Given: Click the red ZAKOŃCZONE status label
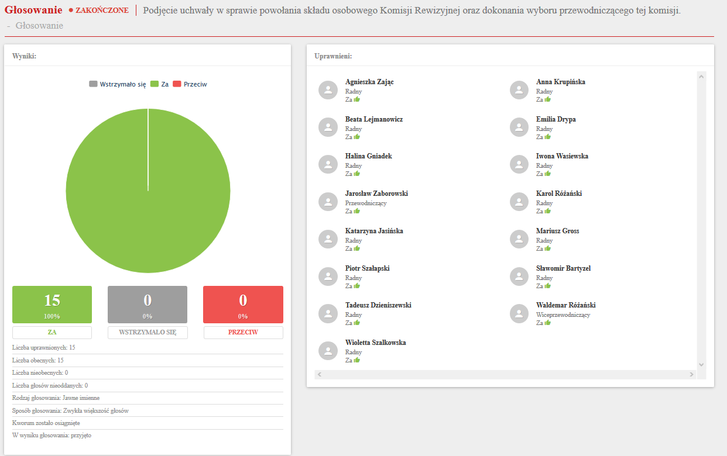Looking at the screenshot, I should [x=102, y=11].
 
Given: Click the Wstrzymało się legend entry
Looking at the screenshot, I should [x=118, y=84].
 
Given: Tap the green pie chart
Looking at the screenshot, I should [x=148, y=191].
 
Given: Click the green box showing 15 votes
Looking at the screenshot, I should [x=52, y=304].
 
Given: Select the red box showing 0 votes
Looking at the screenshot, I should [x=243, y=304].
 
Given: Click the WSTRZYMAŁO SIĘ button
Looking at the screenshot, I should [x=148, y=332].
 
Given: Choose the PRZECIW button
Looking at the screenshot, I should [x=243, y=332].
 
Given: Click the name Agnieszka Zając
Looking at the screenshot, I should [x=369, y=82].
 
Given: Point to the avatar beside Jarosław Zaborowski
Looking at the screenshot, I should [x=328, y=202].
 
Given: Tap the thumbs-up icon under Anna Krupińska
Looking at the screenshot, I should [x=548, y=99].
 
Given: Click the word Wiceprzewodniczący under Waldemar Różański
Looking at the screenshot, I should [x=563, y=315].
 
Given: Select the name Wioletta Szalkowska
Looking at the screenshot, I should [x=375, y=343].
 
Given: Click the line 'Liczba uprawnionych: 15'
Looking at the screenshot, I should [x=44, y=347].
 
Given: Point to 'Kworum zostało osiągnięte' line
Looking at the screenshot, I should [x=46, y=423].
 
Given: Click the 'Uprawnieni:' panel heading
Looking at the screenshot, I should [x=333, y=56].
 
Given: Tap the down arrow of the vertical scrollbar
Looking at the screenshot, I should [x=702, y=364].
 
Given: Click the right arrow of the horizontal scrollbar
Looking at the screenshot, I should [x=691, y=374].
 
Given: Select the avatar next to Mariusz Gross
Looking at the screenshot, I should [x=520, y=239].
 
